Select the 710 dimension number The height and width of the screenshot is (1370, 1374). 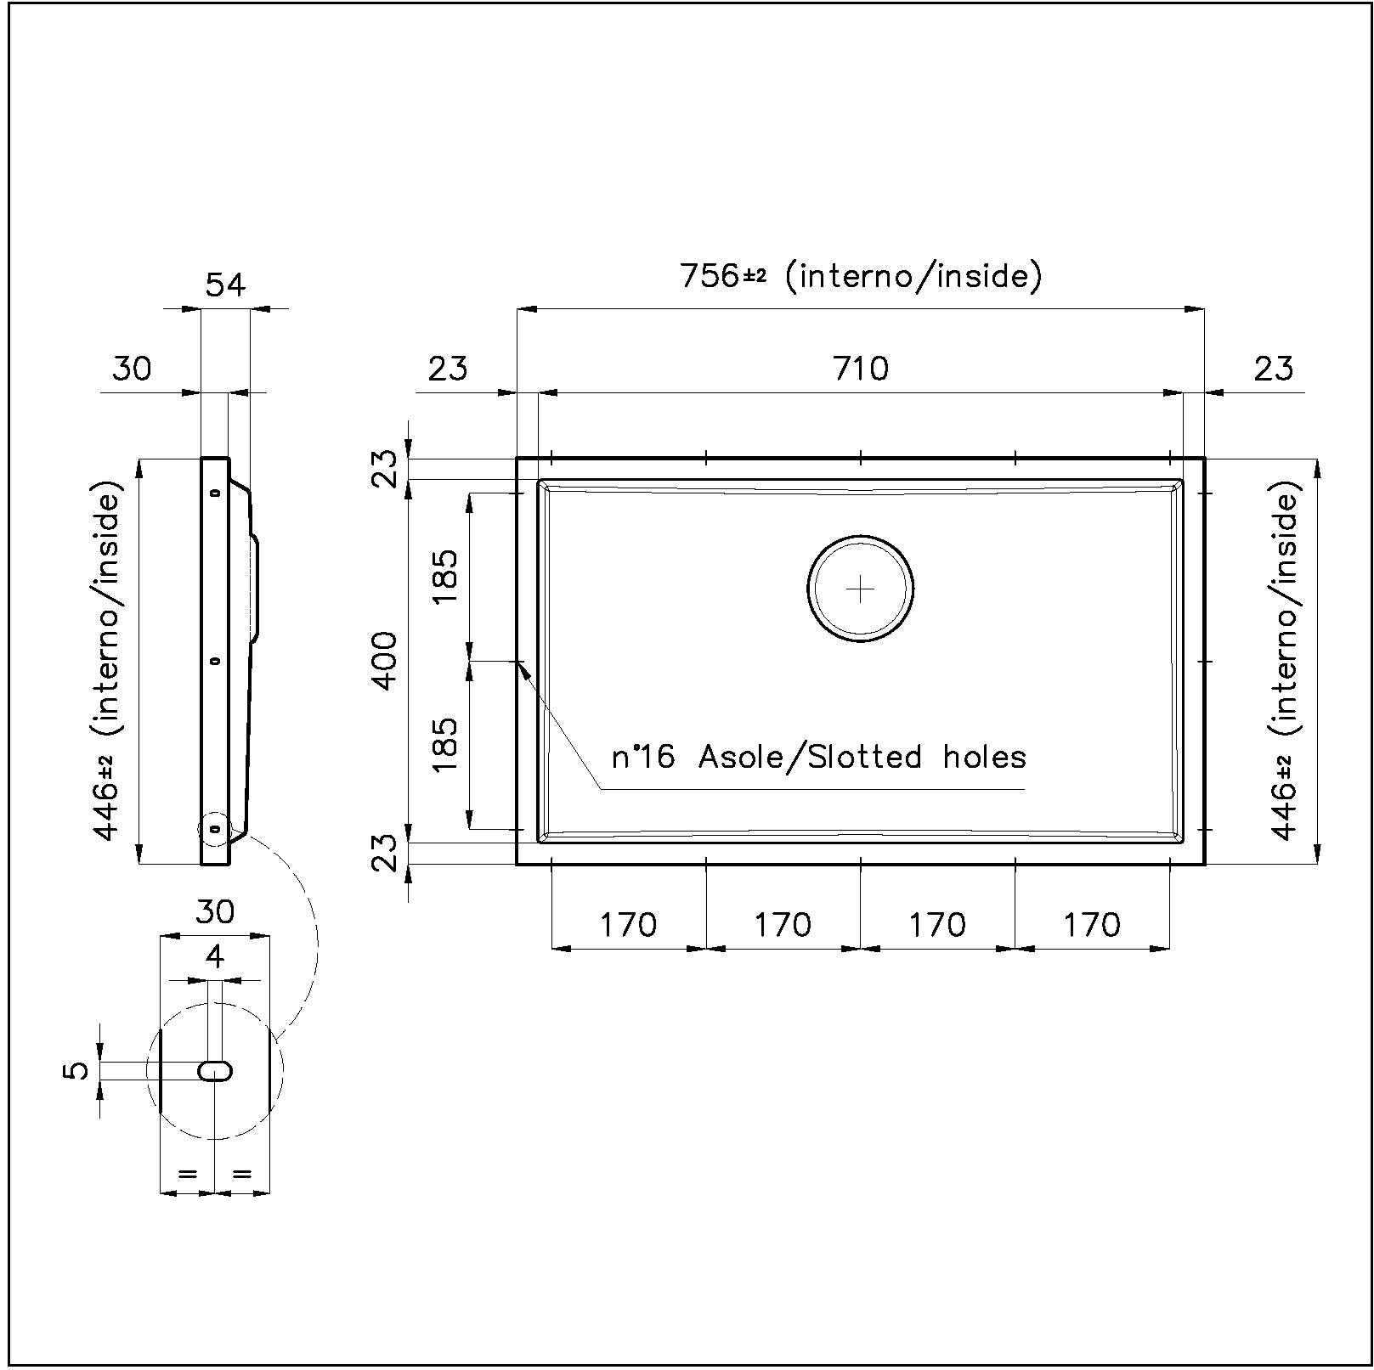(x=861, y=368)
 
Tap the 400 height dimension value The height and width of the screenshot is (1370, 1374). (x=385, y=661)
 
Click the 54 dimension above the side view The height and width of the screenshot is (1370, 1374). (x=225, y=285)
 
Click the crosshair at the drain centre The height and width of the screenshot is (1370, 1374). (x=861, y=589)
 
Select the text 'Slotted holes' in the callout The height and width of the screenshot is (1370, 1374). (x=916, y=756)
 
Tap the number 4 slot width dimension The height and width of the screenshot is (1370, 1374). (x=215, y=957)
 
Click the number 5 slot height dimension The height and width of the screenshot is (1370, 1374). (x=76, y=1070)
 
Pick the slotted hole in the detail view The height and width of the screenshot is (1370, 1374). (x=215, y=1071)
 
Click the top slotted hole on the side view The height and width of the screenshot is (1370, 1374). (x=214, y=492)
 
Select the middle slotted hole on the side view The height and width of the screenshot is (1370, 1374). (x=214, y=660)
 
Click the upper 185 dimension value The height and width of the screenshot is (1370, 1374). (x=445, y=576)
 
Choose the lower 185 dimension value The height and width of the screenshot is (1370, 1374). (x=445, y=744)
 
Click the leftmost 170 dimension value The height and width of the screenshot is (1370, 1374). (x=629, y=924)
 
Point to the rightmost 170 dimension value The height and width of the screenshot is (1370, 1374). (x=1092, y=924)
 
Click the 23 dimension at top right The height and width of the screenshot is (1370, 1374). (x=1273, y=368)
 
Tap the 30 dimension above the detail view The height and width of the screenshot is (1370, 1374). (x=215, y=911)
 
